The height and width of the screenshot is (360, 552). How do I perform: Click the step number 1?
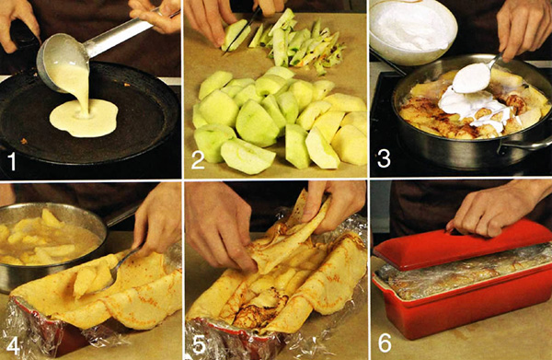click(12, 162)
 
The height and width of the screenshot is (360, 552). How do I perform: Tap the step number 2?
click(198, 160)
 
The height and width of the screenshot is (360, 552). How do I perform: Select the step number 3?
click(384, 158)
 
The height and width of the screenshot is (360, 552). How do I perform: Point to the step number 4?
click(13, 345)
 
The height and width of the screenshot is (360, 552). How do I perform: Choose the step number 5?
click(199, 345)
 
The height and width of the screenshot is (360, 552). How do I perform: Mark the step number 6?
click(385, 343)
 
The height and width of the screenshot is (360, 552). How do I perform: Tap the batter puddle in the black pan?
click(84, 118)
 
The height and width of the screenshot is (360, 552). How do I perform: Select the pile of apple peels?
click(303, 42)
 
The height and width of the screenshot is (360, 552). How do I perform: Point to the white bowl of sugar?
click(412, 31)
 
